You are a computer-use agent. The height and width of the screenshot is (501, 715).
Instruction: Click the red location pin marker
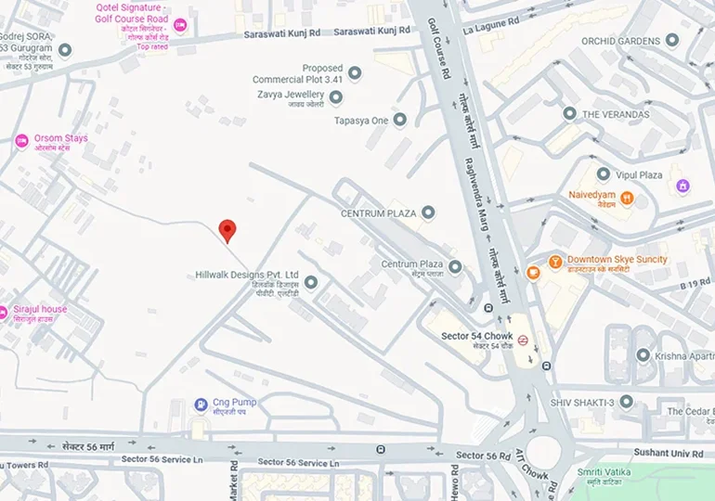[227, 230]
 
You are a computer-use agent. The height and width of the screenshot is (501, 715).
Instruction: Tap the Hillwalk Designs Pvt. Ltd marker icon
[311, 282]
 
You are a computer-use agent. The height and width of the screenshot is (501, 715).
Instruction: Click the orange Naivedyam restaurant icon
[627, 197]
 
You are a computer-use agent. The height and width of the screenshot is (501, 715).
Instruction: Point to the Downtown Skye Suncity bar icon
[533, 271]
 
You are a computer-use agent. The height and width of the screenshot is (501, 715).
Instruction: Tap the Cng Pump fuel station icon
[200, 405]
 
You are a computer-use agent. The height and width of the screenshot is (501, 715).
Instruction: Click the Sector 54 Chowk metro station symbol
[523, 340]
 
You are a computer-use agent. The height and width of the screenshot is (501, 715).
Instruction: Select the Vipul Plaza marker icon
[604, 174]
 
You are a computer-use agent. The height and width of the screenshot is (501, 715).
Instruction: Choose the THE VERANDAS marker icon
[569, 113]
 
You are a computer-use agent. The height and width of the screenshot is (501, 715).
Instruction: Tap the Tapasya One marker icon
[399, 120]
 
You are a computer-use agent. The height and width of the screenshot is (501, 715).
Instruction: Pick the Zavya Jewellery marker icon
[335, 96]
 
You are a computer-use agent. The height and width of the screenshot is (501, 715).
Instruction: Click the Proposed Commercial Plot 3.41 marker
[354, 72]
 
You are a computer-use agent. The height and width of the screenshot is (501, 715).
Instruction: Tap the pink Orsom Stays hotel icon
[21, 141]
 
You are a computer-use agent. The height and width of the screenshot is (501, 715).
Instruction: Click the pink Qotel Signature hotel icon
[180, 25]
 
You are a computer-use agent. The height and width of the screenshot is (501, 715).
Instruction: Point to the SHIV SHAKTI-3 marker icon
[627, 402]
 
